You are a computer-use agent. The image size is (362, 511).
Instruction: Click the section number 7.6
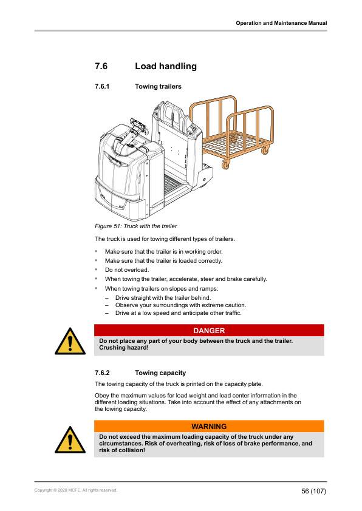(x=101, y=66)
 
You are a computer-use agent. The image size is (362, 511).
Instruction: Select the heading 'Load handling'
(x=165, y=66)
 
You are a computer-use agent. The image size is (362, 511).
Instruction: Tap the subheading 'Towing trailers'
(x=158, y=87)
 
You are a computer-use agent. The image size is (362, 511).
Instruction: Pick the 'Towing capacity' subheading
(x=160, y=373)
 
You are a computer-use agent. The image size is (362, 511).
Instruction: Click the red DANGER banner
(x=209, y=331)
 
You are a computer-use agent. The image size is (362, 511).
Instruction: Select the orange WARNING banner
(x=209, y=427)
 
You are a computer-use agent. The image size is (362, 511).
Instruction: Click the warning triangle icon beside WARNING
(x=70, y=438)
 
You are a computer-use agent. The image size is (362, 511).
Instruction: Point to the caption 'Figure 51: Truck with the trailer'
(x=136, y=226)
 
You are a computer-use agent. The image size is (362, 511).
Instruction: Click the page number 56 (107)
(x=313, y=490)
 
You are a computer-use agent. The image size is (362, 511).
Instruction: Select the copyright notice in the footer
(x=76, y=490)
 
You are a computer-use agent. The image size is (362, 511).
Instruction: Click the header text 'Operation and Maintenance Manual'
(x=281, y=23)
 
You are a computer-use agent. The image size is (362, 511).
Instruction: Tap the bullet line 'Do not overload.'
(x=126, y=269)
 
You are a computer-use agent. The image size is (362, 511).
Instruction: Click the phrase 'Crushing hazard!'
(x=124, y=348)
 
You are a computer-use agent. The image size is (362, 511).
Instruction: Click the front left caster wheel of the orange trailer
(x=226, y=164)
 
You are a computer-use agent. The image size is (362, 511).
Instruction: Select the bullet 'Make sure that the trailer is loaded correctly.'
(x=163, y=260)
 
